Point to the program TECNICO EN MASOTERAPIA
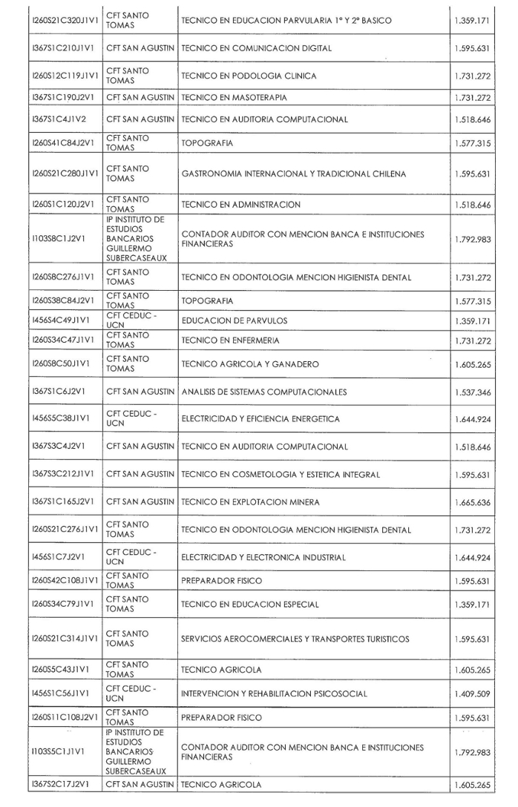click(234, 97)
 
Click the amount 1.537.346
click(472, 392)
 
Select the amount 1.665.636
click(472, 501)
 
